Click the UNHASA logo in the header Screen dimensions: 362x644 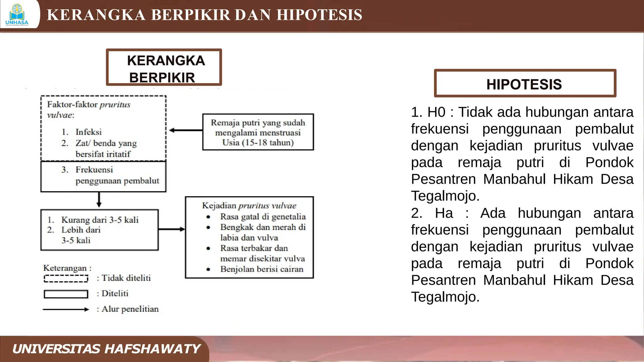click(17, 15)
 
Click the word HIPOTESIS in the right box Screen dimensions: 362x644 click(524, 84)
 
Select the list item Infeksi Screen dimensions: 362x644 click(88, 132)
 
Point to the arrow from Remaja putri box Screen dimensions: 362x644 click(186, 130)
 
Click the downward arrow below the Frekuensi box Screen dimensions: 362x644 click(99, 200)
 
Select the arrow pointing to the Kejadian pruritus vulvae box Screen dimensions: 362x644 click(172, 229)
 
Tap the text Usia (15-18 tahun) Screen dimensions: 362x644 click(258, 143)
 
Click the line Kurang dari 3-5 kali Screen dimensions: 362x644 click(100, 220)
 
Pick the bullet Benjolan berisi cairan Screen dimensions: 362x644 click(262, 269)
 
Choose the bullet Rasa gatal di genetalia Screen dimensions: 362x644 click(263, 217)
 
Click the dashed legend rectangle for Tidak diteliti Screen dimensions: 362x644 click(66, 279)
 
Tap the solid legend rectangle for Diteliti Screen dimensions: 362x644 click(66, 294)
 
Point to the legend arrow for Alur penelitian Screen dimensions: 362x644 click(66, 310)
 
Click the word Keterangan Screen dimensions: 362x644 click(65, 268)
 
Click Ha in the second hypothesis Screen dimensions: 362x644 click(444, 213)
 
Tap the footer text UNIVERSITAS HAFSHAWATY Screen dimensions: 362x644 click(106, 349)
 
